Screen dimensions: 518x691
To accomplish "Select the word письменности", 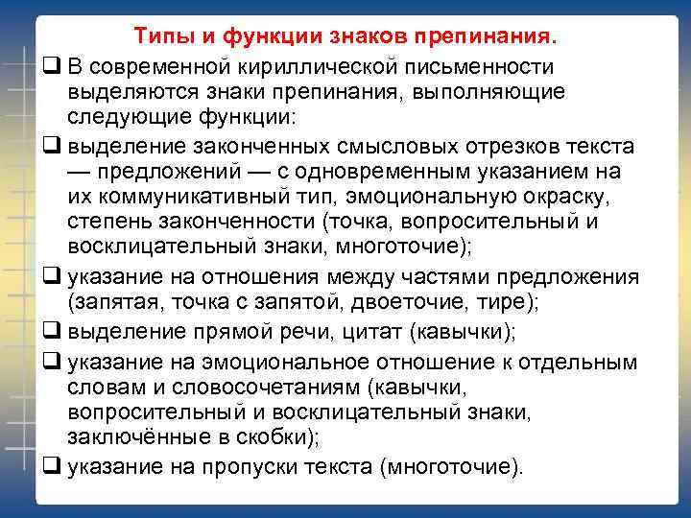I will coord(481,65).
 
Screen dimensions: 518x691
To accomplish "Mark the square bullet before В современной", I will coord(50,66).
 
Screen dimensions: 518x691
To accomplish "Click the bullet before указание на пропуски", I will coord(50,466).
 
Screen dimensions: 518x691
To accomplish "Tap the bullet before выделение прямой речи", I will coord(50,333).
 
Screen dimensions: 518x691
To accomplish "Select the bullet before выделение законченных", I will coord(50,146).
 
